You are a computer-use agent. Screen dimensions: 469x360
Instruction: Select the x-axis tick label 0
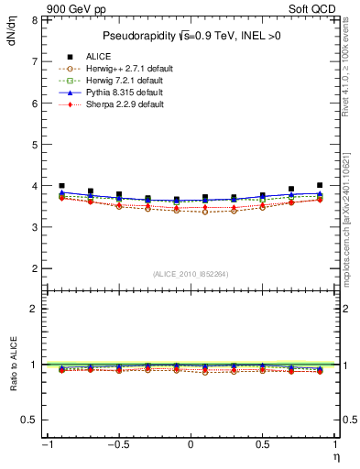pyautogui.click(x=191, y=444)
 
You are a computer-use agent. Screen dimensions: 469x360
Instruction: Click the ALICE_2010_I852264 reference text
pyautogui.click(x=191, y=274)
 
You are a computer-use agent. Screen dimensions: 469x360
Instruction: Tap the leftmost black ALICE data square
pyautogui.click(x=61, y=185)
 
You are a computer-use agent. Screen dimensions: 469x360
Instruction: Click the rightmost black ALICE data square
pyautogui.click(x=320, y=185)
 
